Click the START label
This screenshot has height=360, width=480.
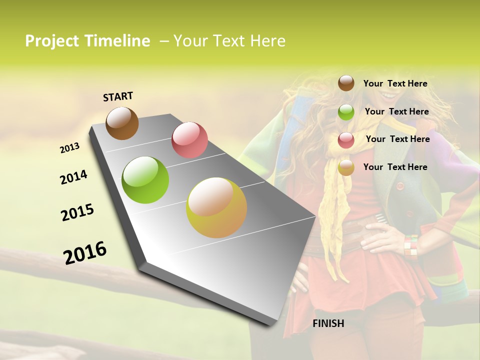click(x=118, y=96)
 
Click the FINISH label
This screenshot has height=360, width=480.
click(x=328, y=323)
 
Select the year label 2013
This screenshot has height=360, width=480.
click(x=69, y=148)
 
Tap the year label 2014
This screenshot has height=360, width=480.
click(x=73, y=177)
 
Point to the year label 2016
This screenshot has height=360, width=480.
click(x=85, y=252)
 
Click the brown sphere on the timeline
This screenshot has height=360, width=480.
click(x=122, y=123)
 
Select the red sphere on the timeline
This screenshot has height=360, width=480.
click(x=189, y=140)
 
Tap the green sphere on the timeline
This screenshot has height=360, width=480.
click(x=145, y=180)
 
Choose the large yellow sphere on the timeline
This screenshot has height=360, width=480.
click(x=216, y=207)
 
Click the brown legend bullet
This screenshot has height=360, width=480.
click(x=346, y=83)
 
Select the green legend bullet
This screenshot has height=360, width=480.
click(x=346, y=112)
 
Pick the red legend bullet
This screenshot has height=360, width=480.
click(x=346, y=140)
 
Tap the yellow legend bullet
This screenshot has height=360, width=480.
click(x=346, y=167)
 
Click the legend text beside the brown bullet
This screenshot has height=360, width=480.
click(x=395, y=83)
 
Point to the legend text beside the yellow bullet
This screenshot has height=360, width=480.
click(x=395, y=167)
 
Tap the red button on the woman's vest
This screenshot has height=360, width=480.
click(x=399, y=186)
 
